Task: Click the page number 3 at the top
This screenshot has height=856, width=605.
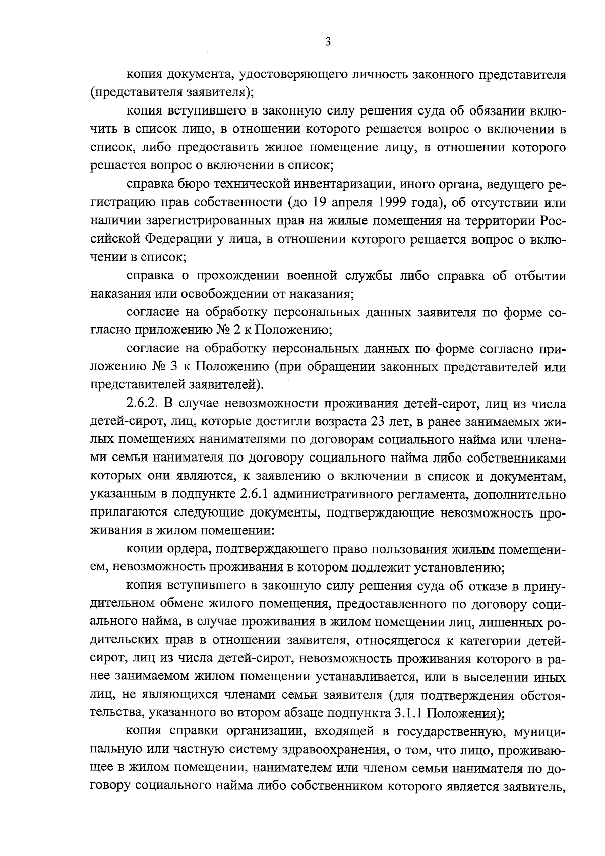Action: (x=328, y=42)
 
